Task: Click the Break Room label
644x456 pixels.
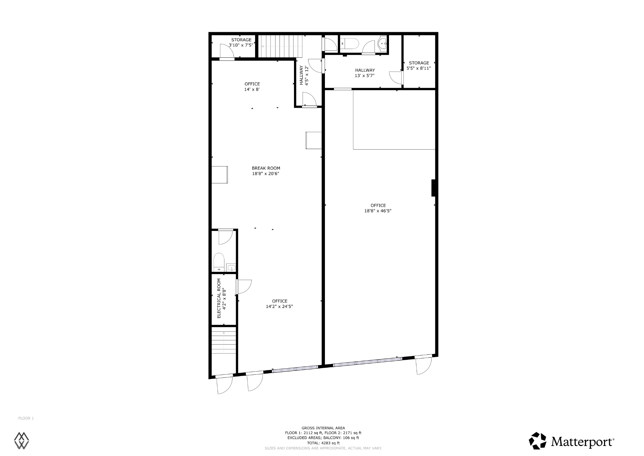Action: [x=266, y=168]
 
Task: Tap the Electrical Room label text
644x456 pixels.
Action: [x=219, y=298]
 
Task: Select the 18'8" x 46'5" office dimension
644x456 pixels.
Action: [x=378, y=211]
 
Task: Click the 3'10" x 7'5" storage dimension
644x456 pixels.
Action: [x=241, y=45]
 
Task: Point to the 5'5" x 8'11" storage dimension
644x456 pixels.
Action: [x=419, y=68]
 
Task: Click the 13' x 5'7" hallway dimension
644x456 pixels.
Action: [x=365, y=75]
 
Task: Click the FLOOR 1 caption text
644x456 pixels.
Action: [x=26, y=418]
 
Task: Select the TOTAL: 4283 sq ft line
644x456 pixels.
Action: [x=323, y=443]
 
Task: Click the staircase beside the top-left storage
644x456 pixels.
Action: [x=281, y=46]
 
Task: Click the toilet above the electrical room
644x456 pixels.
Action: [x=219, y=262]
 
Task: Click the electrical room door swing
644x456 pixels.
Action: [x=244, y=287]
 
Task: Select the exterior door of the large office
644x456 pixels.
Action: [x=423, y=365]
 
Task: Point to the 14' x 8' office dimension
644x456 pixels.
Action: [x=252, y=89]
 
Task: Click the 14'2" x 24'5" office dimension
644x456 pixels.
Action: [x=279, y=307]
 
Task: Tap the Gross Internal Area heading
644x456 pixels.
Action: [x=323, y=428]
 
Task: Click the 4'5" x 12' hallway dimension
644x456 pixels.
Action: [x=307, y=76]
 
